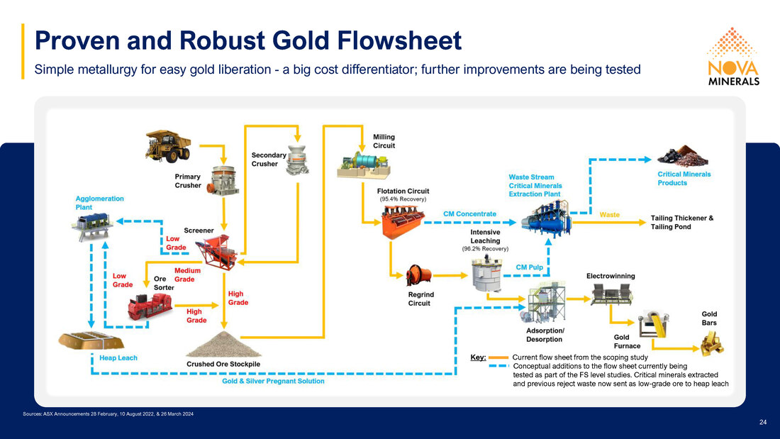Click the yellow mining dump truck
[x=168, y=146]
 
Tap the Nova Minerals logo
[x=733, y=57]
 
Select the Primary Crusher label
[x=187, y=181]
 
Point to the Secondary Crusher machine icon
[x=298, y=160]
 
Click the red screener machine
[x=217, y=252]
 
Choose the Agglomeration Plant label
[x=99, y=203]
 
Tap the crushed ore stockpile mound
[x=223, y=344]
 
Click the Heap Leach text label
[x=118, y=358]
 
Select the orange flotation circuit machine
[x=403, y=222]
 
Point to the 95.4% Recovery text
[x=403, y=199]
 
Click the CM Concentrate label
[x=469, y=214]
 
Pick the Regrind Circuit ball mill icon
[x=418, y=275]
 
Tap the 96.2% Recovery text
[x=485, y=249]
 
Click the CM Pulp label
[x=529, y=267]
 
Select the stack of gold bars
[x=712, y=344]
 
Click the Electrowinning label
[x=611, y=276]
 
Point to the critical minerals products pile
[x=682, y=156]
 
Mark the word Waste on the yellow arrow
[x=609, y=214]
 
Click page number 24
[x=763, y=422]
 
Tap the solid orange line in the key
[x=498, y=357]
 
